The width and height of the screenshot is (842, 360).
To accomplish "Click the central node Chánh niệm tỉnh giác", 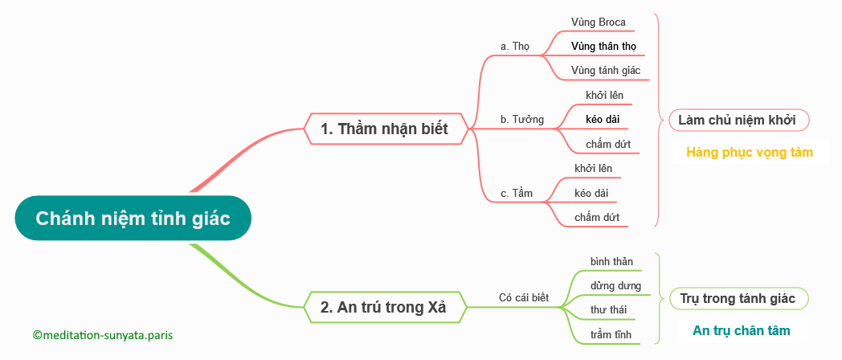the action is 133,218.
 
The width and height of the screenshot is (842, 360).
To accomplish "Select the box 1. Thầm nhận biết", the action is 384,129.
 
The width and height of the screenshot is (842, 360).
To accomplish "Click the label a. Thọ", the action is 514,47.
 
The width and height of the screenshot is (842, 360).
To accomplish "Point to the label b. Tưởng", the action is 522,119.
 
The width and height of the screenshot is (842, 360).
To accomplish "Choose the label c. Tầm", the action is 517,194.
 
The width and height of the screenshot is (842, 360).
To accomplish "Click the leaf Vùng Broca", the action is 599,22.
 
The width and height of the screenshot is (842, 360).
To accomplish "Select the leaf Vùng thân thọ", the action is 604,46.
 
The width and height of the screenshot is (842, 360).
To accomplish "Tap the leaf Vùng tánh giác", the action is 606,71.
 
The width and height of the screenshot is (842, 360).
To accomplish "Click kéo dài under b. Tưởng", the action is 603,119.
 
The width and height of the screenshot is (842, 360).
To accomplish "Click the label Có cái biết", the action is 524,297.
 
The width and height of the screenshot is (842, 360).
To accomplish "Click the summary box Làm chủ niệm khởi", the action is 739,120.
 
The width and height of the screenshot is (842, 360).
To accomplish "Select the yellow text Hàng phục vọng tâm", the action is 750,152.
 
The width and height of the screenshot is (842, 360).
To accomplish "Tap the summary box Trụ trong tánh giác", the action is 739,298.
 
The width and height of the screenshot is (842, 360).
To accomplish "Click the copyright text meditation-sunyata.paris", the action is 103,335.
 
